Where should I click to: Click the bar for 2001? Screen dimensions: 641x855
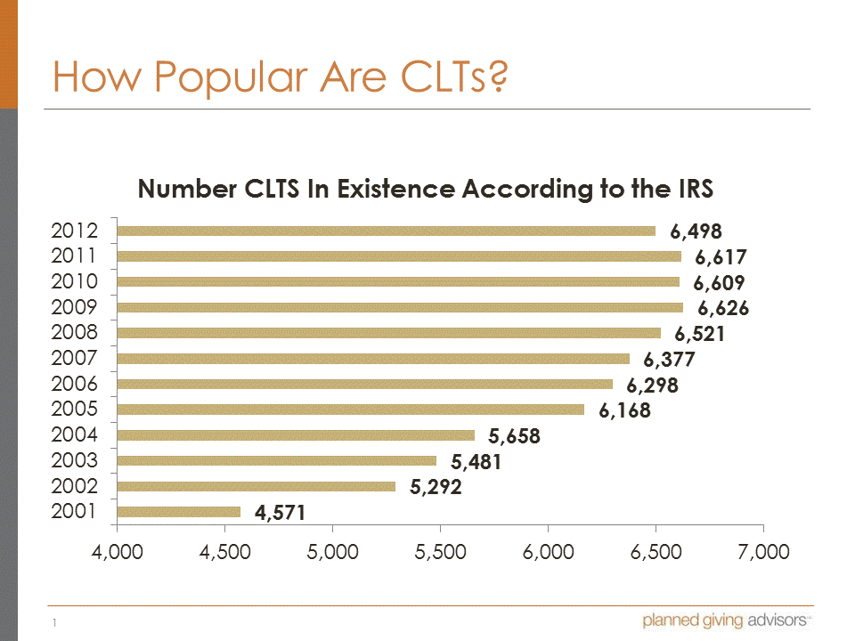tap(179, 512)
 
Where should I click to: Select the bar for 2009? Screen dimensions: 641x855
tap(400, 307)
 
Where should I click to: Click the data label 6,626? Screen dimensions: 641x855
tap(723, 309)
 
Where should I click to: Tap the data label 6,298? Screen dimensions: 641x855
tap(652, 385)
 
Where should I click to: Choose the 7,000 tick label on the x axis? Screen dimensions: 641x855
tap(763, 552)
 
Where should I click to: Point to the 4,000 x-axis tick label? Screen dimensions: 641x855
tap(117, 552)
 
